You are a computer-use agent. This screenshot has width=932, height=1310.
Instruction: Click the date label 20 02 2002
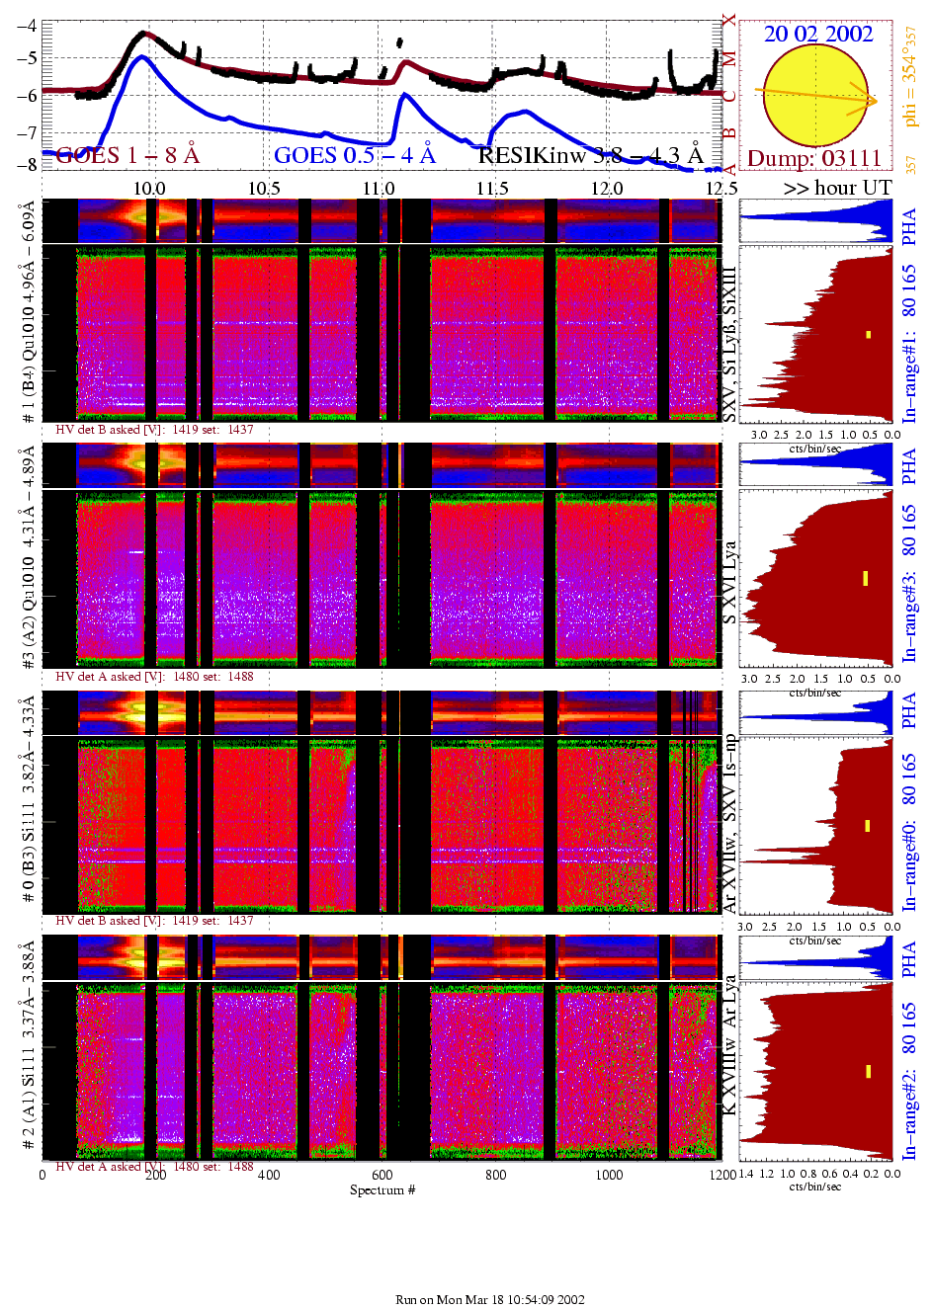point(818,34)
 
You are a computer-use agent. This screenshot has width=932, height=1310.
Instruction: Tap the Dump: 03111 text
point(813,158)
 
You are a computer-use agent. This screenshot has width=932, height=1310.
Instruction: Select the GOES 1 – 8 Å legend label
point(127,155)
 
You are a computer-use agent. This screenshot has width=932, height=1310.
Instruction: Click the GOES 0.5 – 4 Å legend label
point(354,155)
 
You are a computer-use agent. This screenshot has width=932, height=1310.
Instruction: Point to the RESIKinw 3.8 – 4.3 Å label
point(590,155)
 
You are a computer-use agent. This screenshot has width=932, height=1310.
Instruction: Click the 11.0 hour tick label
point(379,188)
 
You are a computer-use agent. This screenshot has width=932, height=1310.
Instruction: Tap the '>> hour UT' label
point(838,188)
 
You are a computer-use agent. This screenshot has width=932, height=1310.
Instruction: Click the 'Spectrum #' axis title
point(382,1189)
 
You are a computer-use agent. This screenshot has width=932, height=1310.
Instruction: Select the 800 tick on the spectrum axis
point(495,1175)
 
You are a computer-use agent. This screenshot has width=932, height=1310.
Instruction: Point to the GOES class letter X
point(729,20)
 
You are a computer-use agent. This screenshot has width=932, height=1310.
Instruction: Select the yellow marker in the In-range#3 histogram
point(865,578)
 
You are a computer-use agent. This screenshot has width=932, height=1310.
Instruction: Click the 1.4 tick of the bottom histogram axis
point(746,1174)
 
